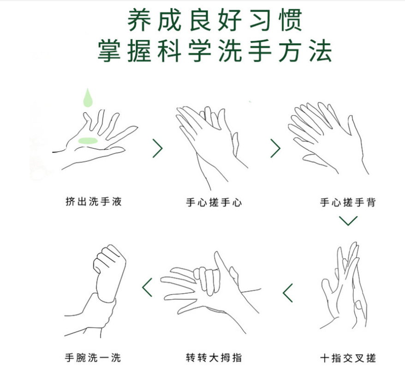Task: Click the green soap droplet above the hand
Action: click(88, 98)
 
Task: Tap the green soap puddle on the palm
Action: click(88, 141)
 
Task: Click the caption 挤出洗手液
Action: click(94, 201)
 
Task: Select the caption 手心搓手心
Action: click(214, 202)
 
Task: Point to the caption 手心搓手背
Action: click(348, 202)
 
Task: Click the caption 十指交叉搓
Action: click(348, 358)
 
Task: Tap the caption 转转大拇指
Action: click(214, 358)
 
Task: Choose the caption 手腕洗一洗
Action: click(93, 358)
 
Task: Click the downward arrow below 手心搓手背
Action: click(348, 221)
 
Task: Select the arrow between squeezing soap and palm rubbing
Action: click(158, 148)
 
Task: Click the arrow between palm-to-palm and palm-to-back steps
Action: click(275, 148)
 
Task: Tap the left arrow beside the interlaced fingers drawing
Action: click(287, 293)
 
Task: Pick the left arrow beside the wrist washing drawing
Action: click(147, 287)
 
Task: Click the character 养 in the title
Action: click(139, 20)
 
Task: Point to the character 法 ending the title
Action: click(321, 51)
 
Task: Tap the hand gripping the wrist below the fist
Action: click(90, 316)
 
